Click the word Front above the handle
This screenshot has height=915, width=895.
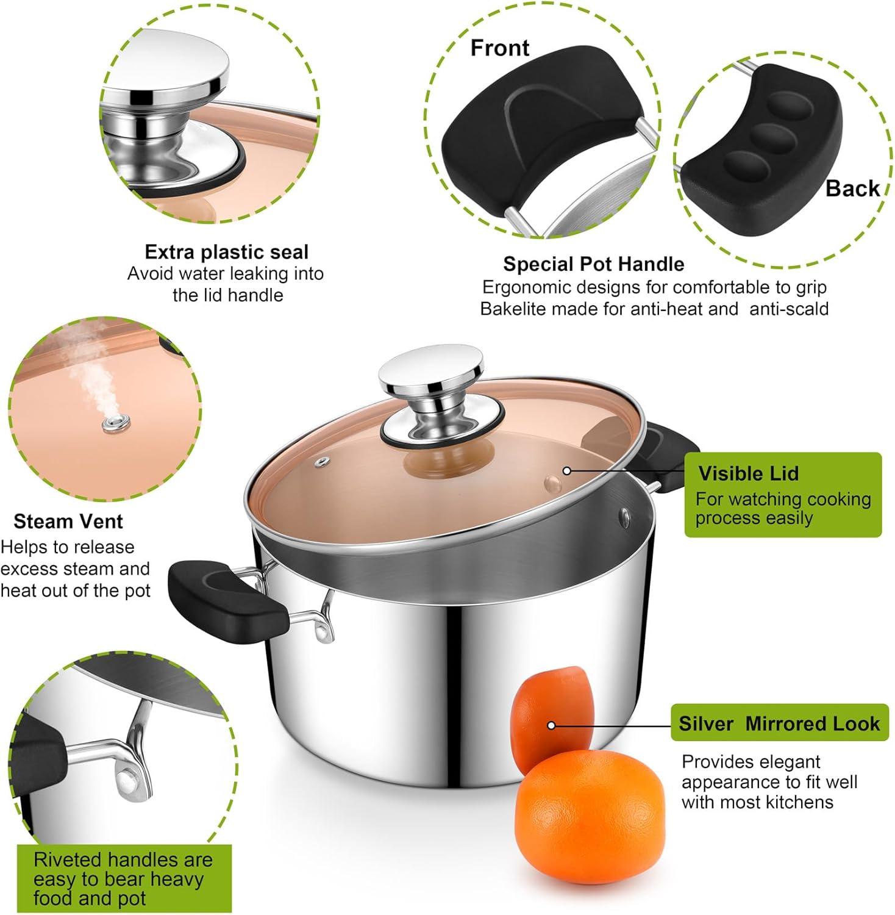(x=499, y=48)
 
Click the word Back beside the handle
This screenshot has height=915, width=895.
(x=852, y=188)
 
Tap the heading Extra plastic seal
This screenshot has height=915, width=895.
(x=226, y=252)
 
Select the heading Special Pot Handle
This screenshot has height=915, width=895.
(x=593, y=264)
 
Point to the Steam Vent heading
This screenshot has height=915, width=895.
(x=68, y=522)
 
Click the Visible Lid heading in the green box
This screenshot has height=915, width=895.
(x=748, y=473)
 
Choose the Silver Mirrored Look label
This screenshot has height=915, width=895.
(x=779, y=723)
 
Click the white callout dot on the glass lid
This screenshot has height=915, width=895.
(x=566, y=471)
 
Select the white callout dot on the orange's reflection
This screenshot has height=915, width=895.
(x=551, y=725)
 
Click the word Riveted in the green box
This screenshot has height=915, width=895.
(x=68, y=860)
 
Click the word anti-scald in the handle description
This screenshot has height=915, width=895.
(x=789, y=309)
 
